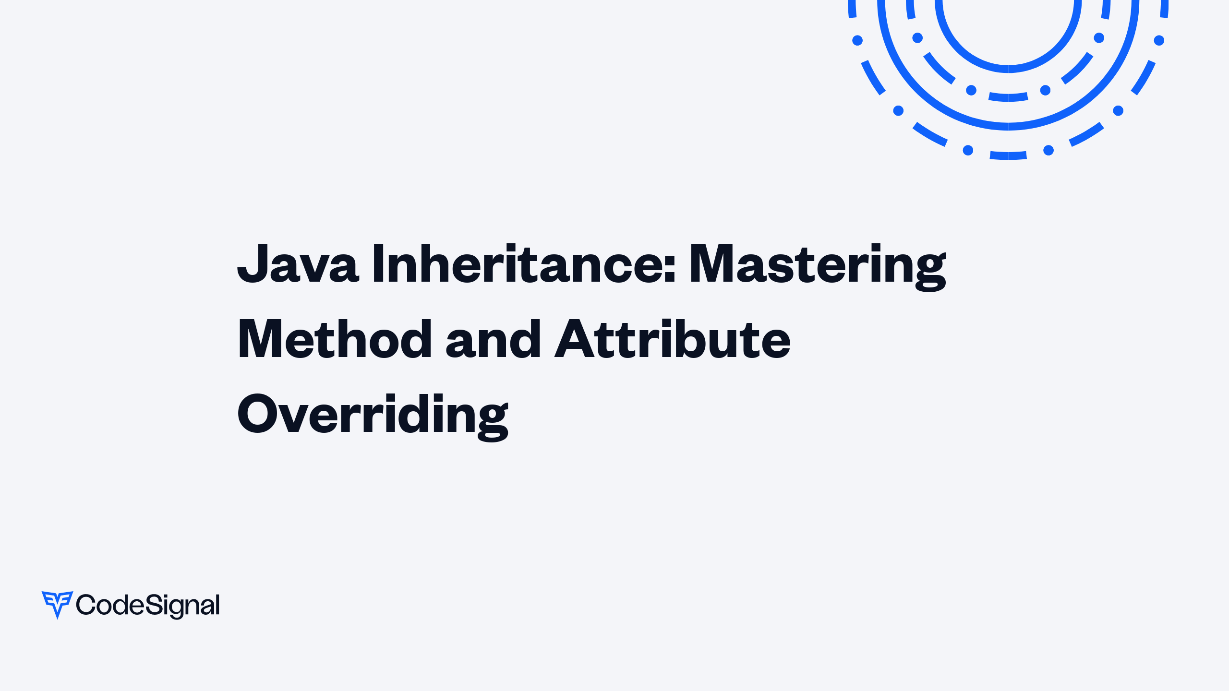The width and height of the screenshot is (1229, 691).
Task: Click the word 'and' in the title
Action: [494, 340]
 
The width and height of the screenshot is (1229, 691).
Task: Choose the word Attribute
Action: [672, 340]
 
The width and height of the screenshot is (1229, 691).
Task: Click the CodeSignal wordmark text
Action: [148, 606]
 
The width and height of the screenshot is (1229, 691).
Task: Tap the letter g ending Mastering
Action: [930, 271]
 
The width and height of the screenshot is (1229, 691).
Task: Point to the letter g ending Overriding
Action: [492, 421]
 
